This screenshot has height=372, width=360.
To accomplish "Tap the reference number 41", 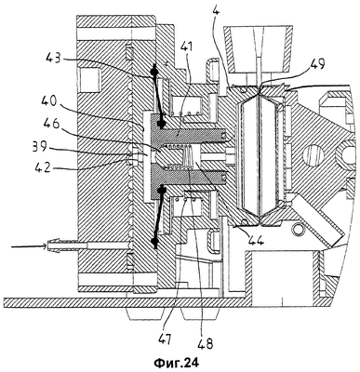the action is pos(186,47).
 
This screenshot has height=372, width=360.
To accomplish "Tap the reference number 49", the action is pos(315,65).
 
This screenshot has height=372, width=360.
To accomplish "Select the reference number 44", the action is pos(254,239).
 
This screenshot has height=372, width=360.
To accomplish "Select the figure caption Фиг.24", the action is pos(177,363).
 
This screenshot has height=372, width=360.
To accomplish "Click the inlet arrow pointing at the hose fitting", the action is pos(29,246).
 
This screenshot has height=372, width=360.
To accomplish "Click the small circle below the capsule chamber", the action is pos(300,229).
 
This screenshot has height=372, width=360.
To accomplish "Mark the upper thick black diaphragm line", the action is pos(157,98).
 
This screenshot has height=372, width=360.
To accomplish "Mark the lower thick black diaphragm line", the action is pos(157,216).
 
